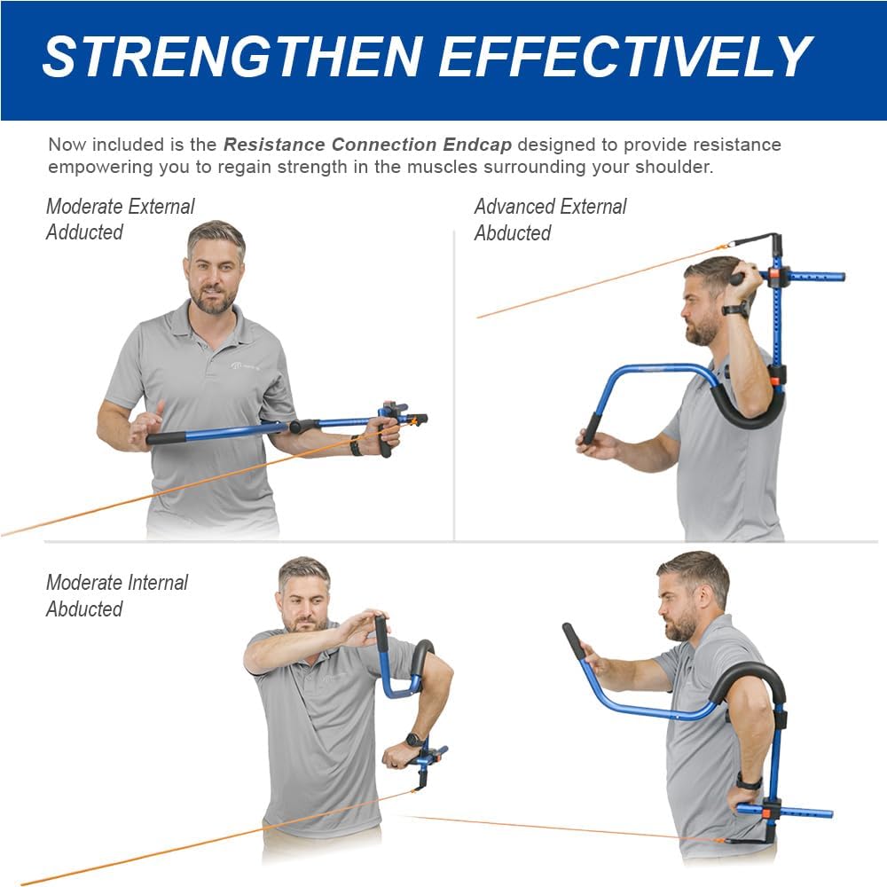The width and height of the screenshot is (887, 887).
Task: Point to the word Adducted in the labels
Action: (84, 232)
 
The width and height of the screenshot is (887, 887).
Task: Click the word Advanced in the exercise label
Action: (511, 207)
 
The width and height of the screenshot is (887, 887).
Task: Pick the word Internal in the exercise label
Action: (156, 583)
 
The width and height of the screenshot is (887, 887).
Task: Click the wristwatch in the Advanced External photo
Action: (734, 310)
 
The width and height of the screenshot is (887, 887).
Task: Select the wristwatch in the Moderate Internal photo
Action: (413, 739)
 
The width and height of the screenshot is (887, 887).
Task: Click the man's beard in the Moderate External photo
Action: (214, 302)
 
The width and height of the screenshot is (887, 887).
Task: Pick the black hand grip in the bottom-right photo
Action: (574, 640)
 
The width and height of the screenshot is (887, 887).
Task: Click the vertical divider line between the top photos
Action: (454, 381)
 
